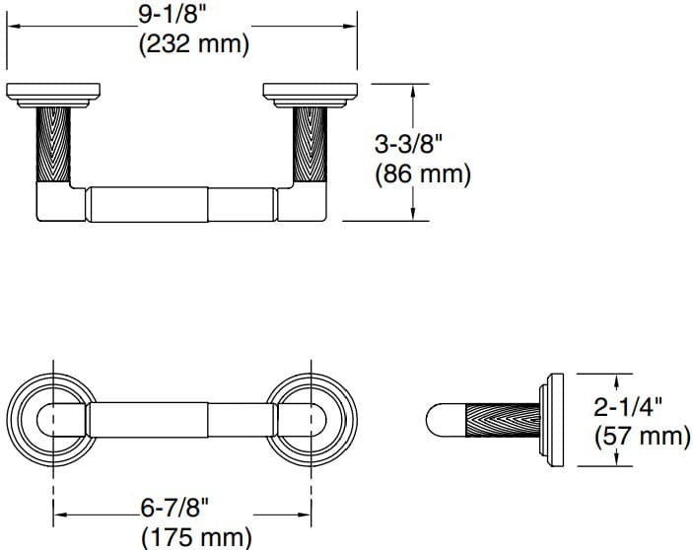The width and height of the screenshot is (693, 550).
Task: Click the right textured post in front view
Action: point(311,144)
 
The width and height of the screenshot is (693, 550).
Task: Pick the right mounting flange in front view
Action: point(311,95)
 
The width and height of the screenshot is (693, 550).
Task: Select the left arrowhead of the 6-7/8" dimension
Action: point(58,512)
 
